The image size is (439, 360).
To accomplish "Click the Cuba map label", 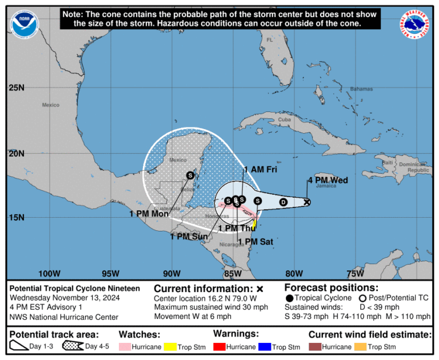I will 285,120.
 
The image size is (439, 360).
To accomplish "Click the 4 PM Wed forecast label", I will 328,180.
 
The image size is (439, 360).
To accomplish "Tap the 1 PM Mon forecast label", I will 149,214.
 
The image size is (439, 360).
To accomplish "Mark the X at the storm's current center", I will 307,202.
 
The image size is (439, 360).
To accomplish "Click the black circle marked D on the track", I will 282,202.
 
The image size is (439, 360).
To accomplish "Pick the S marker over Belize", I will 190,175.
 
